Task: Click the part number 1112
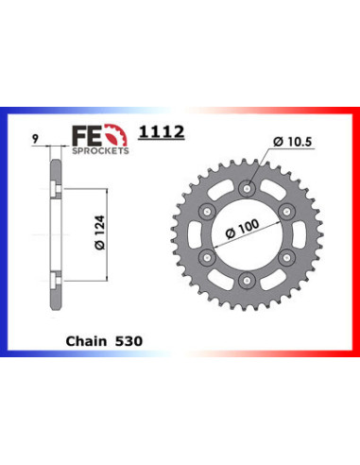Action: (162, 131)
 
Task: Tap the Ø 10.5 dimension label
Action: (293, 142)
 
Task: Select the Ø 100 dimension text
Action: (243, 229)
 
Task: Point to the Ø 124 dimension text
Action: (100, 232)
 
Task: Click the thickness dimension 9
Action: (36, 139)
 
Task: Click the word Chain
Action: (86, 341)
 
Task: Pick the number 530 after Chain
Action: (129, 341)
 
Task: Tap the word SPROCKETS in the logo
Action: (100, 150)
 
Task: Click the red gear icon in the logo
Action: (116, 135)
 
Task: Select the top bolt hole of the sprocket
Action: (247, 189)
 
